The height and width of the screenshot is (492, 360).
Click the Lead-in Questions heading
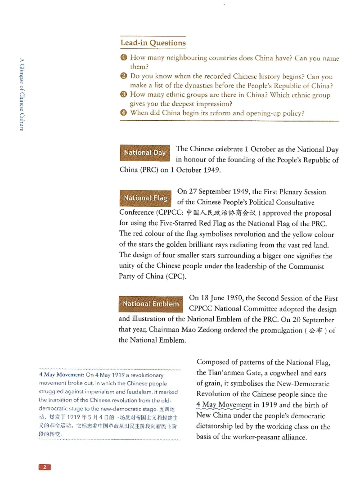[x=153, y=43]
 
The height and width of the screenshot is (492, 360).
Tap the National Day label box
[x=145, y=153]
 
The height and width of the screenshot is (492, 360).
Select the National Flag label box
[x=145, y=198]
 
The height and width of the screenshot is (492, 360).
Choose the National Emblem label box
[x=151, y=304]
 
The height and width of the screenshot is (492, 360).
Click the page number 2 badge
[x=45, y=467]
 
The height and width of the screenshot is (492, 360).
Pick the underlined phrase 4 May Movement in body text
[x=224, y=405]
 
